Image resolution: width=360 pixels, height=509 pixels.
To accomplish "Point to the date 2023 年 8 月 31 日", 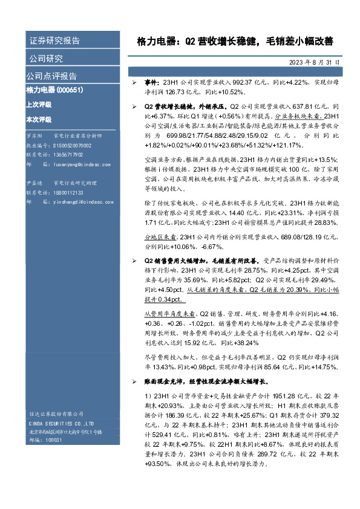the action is pos(315,62).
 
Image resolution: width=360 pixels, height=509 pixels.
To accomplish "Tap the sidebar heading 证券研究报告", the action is pos(54,41).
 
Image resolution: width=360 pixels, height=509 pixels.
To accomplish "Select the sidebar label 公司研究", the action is pos(46,59).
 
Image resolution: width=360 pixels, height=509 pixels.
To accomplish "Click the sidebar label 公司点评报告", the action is pos(51,76).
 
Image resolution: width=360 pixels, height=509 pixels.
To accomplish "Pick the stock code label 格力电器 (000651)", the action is pos(54,90).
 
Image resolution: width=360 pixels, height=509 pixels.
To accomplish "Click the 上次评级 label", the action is pos(39,104).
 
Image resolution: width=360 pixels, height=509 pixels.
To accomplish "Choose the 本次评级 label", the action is pos(39,120).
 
